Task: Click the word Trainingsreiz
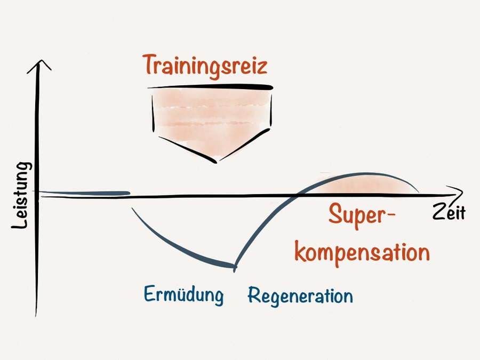(x=205, y=66)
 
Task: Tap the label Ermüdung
(x=183, y=294)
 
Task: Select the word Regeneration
(x=300, y=295)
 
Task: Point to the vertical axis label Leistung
(x=21, y=196)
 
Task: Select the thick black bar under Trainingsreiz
(x=210, y=86)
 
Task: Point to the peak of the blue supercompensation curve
(x=363, y=173)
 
